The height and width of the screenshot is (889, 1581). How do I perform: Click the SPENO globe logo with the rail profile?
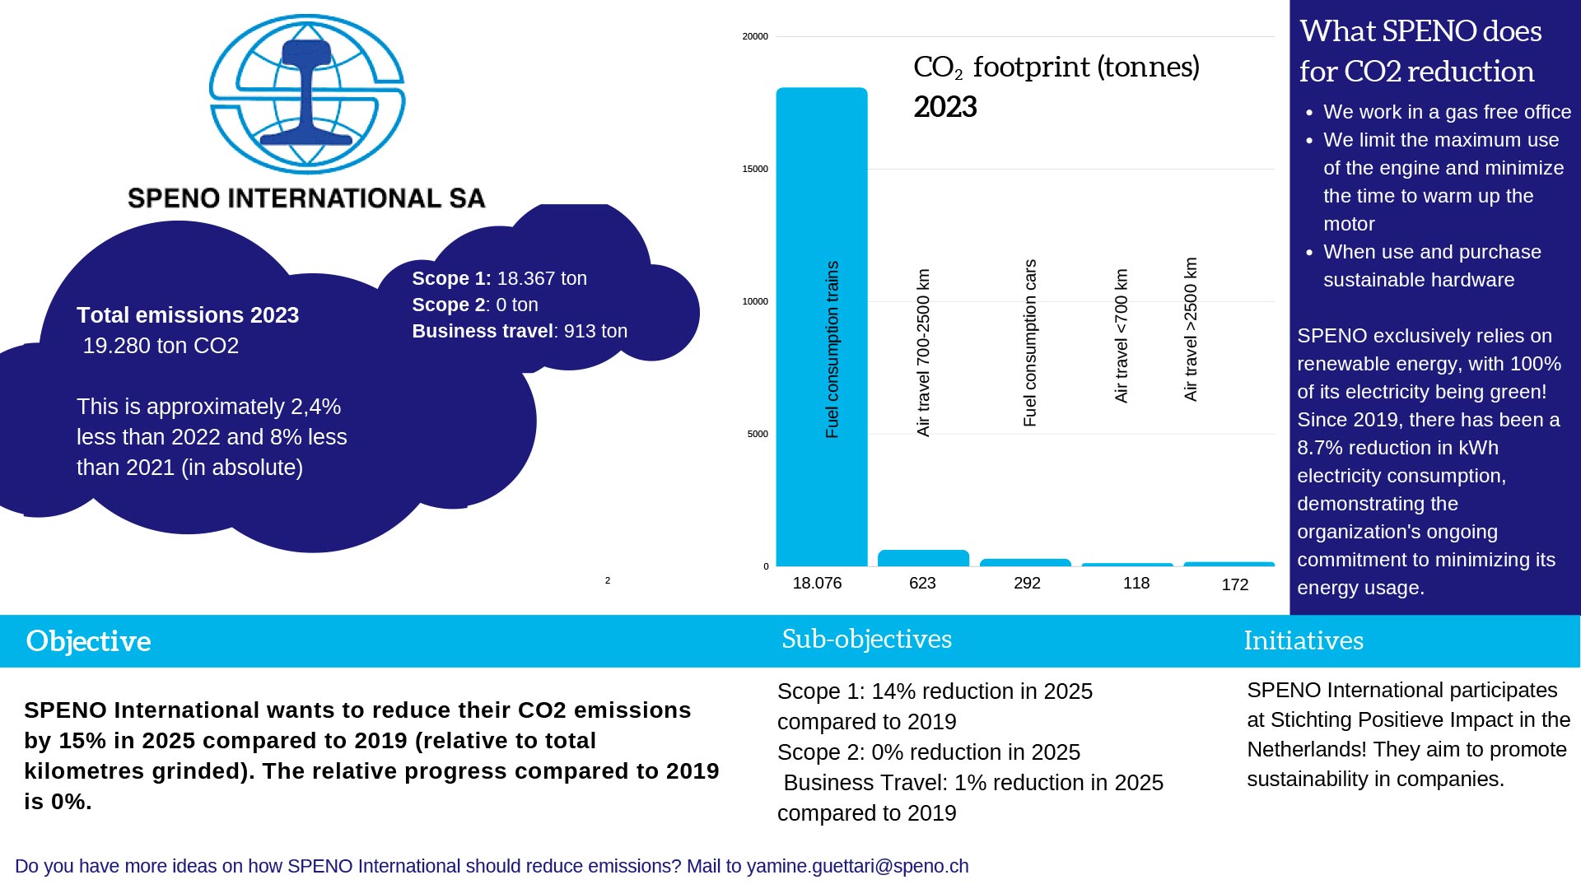[306, 93]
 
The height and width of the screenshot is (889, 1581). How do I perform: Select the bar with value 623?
[923, 558]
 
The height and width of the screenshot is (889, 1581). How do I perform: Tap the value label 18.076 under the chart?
[817, 584]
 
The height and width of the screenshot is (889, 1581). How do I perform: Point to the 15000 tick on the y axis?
[754, 170]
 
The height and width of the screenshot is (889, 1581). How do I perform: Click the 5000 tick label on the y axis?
[757, 435]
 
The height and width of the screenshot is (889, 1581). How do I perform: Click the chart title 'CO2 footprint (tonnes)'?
[1056, 67]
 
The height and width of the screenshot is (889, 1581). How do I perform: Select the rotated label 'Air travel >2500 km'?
[1191, 329]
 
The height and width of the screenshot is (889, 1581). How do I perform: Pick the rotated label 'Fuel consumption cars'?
[1029, 343]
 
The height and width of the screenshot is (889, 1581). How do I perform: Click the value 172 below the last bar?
[1234, 585]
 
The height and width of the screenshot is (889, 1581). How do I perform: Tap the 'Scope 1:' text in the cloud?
[451, 279]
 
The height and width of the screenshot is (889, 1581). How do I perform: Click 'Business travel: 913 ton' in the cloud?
[520, 332]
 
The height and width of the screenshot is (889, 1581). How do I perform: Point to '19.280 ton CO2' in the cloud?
[161, 346]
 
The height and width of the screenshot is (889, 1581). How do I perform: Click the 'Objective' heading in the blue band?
[88, 641]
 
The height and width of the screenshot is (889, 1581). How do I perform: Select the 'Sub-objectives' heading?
[866, 639]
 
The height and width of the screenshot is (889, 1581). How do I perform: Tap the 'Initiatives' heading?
[1303, 640]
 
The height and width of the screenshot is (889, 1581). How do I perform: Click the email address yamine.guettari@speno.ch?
[857, 867]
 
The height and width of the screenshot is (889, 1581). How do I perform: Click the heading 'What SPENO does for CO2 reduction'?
[1420, 51]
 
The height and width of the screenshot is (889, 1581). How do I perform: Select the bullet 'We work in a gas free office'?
[1447, 112]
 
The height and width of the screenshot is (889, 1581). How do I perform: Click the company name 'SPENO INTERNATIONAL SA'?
[306, 198]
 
